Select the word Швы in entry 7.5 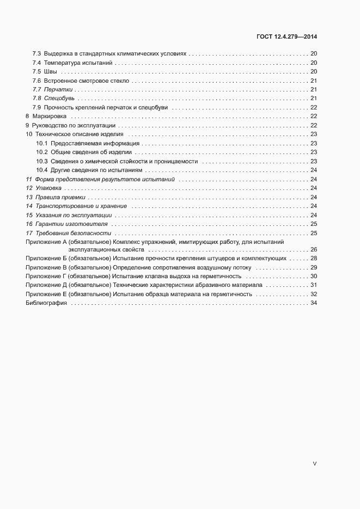click(50, 71)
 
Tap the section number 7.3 click(36, 54)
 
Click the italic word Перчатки click(58, 89)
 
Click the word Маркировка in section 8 click(50, 116)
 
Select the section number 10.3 click(42, 161)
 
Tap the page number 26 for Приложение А click(314, 249)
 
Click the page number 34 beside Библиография click(314, 303)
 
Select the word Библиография click(46, 303)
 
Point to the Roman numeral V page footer click(314, 464)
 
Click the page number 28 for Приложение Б click(314, 258)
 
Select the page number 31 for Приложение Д click(314, 285)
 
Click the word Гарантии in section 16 click(48, 224)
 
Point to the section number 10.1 click(42, 143)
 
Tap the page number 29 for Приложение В click(314, 267)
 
